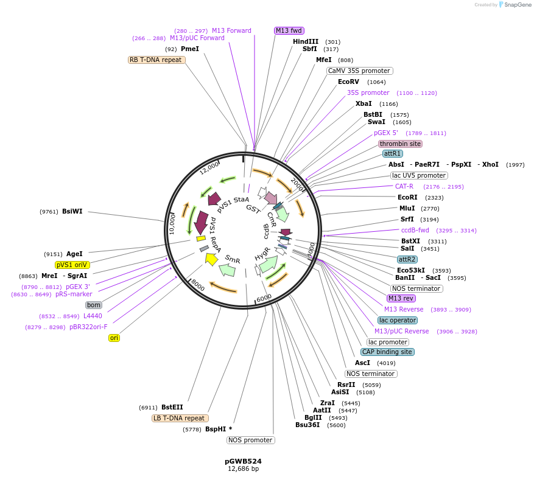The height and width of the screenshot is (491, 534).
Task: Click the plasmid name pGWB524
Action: [x=243, y=461]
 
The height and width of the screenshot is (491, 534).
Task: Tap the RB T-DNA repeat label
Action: [x=156, y=60]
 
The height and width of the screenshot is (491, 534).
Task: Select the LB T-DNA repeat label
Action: [x=180, y=418]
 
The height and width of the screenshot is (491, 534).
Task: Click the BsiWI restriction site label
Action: [x=72, y=212]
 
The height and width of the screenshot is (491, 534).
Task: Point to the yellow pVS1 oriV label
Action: [x=72, y=265]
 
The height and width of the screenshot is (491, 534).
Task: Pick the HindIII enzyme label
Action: [x=306, y=41]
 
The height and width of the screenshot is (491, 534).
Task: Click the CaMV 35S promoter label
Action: [x=359, y=71]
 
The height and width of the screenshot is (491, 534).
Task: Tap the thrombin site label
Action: [x=400, y=144]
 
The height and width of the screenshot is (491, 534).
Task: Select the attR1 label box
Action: [x=393, y=153]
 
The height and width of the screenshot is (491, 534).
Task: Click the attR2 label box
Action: [x=407, y=259]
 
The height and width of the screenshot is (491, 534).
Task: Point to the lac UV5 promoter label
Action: [x=419, y=175]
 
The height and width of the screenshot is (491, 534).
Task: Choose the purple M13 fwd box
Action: [x=289, y=30]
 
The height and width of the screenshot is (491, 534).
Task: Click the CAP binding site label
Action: [x=387, y=352]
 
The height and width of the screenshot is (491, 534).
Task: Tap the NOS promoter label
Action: [x=251, y=440]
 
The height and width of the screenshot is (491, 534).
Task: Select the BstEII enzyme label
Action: [x=172, y=408]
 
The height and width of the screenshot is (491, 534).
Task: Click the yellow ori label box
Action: [x=114, y=338]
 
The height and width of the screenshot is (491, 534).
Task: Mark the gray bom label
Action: [x=93, y=305]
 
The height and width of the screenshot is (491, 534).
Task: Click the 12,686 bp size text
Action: [x=243, y=469]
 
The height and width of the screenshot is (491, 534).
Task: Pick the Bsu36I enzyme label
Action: [x=307, y=425]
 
